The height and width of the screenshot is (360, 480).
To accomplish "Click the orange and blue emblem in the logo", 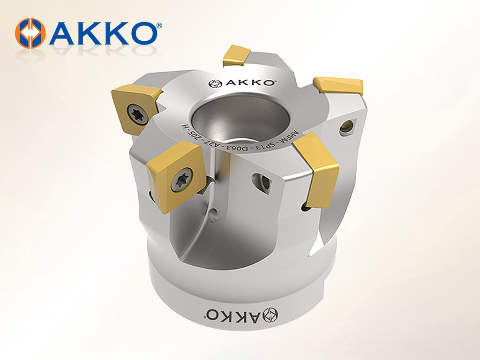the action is (30, 33).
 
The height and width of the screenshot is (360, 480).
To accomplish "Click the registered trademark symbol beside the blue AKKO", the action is (159, 26).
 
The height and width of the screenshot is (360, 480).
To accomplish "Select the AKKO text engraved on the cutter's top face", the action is (251, 82).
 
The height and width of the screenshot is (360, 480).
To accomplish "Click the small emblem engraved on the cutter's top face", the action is (215, 83).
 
